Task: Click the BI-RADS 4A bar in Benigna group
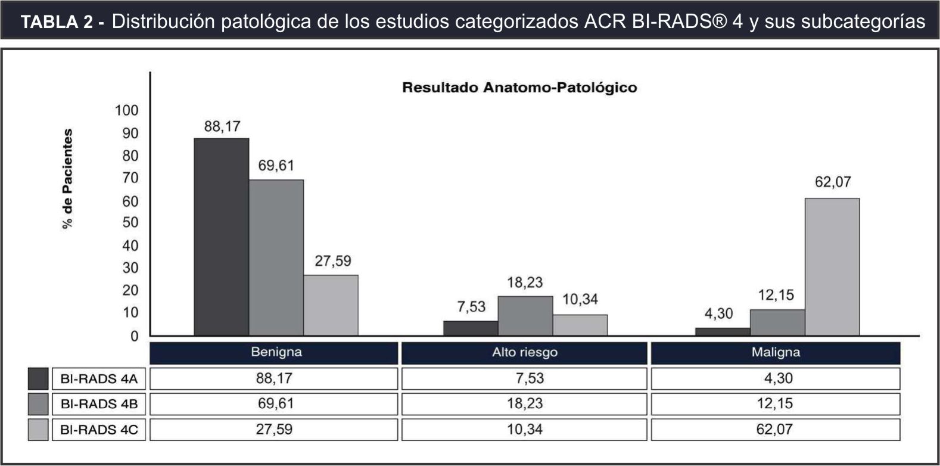pos(221,237)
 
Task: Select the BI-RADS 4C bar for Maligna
pos(832,266)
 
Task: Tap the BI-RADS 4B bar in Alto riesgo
pos(525,316)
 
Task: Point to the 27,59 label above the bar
pos(333,261)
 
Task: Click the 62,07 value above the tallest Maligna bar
pos(833,182)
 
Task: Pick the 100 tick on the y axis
pos(126,110)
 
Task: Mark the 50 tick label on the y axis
pos(130,222)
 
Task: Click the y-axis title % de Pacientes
pos(68,178)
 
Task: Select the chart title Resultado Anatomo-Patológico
pos(519,88)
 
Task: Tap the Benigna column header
pos(276,352)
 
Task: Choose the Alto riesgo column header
pos(524,352)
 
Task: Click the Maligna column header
pos(775,352)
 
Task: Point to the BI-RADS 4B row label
pos(99,404)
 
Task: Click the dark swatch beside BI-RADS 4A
pos(38,378)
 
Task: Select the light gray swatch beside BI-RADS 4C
pos(38,430)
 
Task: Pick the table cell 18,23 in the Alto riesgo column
pos(524,404)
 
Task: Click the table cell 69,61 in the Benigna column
pos(275,404)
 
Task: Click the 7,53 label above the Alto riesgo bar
pos(471,307)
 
